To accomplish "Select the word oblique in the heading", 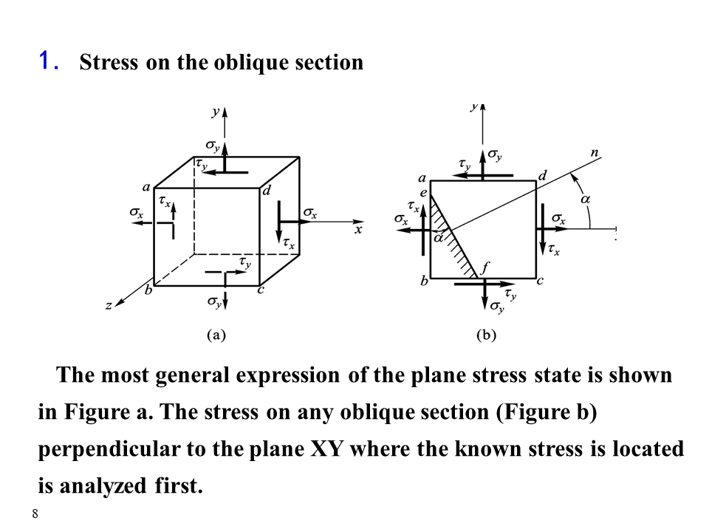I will pos(248,63).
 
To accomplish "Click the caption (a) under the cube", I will pos(215,335).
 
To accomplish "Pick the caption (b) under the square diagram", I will pos(486,335).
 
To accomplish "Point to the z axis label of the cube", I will pos(109,304).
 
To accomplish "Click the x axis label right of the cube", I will pos(358,231).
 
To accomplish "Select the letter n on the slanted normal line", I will pos(595,153).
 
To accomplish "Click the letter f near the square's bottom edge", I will pos(484,267).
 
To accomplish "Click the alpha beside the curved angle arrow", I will pos(586,199).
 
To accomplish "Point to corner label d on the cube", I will pos(267,191).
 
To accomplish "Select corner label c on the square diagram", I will pos(541,282).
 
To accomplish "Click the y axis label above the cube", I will pos(214,113).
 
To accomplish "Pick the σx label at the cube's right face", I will pos(310,214).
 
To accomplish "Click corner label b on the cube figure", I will pos(148,290).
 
